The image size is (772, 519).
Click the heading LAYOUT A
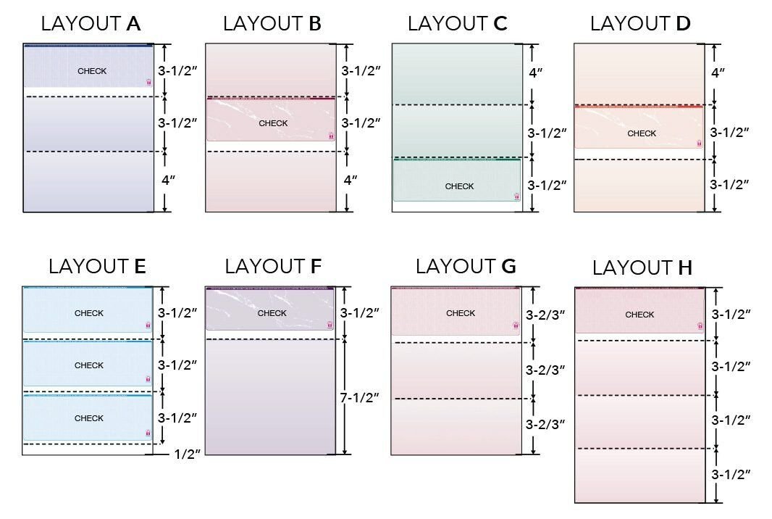91,24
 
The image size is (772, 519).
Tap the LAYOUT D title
640,24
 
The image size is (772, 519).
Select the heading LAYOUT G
466,267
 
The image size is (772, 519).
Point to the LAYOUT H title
642,268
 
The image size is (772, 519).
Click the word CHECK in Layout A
92,71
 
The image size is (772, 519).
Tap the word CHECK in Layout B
273,123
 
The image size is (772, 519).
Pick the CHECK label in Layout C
459,186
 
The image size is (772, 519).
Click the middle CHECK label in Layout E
89,366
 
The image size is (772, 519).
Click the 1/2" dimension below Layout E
188,454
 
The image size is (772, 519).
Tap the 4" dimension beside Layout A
168,180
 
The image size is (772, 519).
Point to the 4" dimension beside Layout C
536,73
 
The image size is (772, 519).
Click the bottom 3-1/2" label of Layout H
729,475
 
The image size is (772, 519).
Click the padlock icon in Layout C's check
516,196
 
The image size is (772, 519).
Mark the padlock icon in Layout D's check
699,144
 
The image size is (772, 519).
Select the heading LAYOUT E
97,267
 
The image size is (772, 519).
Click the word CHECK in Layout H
639,315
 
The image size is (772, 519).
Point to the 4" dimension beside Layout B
351,180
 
